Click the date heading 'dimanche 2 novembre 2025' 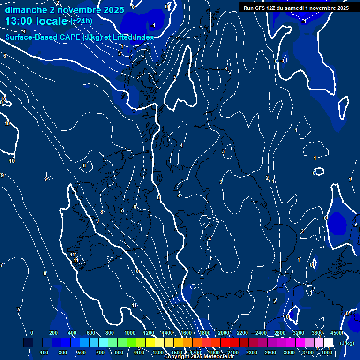[64, 10]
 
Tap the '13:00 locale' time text [37, 21]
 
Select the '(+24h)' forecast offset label [81, 21]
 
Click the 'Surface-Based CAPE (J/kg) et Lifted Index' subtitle [79, 37]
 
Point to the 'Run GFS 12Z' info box [296, 7]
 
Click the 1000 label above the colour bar [130, 333]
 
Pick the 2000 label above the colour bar [224, 333]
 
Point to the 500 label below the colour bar [81, 352]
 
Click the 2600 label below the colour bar [270, 352]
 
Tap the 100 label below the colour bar [44, 352]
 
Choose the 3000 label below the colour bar [289, 352]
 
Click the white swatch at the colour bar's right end [328, 343]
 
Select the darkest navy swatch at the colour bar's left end [28, 343]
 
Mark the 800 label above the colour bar [110, 333]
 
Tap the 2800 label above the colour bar [280, 333]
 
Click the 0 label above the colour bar [32, 333]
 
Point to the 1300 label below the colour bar [158, 352]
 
